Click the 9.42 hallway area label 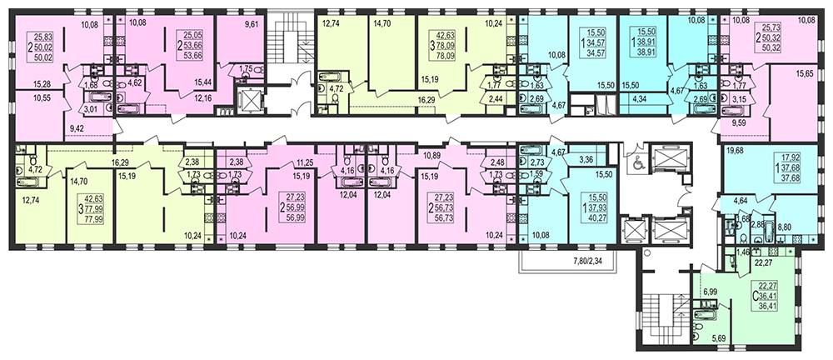[x=77, y=127]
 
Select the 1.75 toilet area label [x=245, y=68]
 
